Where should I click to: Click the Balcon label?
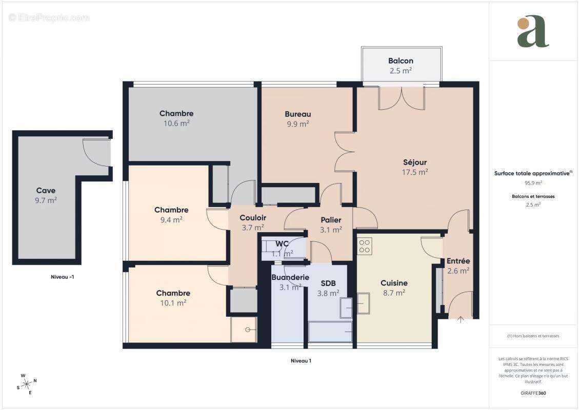tap(401, 61)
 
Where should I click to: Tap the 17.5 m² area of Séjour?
tap(415, 172)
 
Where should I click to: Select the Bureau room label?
tap(298, 114)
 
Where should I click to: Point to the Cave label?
tap(46, 191)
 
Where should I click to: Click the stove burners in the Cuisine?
tap(365, 246)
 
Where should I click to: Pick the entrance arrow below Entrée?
tap(461, 320)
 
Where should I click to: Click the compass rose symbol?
tap(26, 383)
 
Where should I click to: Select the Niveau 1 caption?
tap(301, 361)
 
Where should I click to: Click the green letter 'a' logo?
tap(533, 32)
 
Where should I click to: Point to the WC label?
tap(283, 243)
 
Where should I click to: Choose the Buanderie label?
tap(290, 277)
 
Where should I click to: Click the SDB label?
tap(328, 283)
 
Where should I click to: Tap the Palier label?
tap(331, 220)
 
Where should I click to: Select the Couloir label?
tap(253, 218)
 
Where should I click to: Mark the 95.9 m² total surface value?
tap(533, 182)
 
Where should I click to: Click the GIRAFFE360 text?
tap(533, 393)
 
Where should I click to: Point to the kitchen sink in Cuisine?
tap(364, 303)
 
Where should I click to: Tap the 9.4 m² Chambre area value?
tap(171, 219)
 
